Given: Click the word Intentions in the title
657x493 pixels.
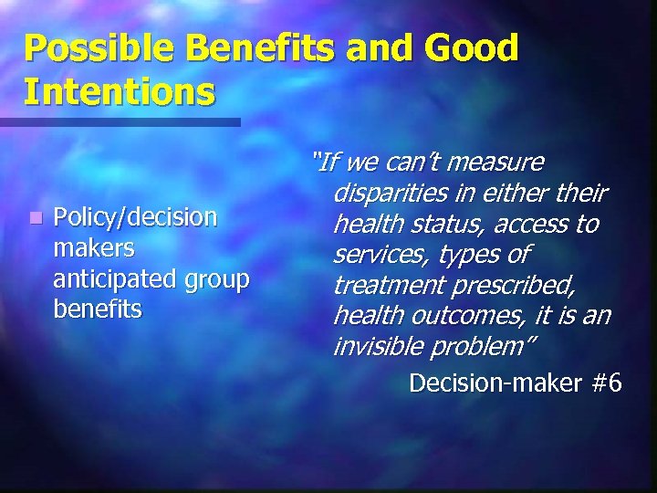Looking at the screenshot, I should (120, 91).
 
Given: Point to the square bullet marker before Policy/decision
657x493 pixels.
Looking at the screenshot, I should (35, 218).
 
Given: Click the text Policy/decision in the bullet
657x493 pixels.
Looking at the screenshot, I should (135, 217).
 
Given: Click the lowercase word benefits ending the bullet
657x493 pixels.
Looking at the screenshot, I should (98, 309).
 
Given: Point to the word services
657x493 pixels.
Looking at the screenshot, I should (373, 255).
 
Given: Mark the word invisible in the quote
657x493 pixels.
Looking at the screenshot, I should (383, 347).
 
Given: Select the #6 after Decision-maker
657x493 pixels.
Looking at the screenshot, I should (606, 382).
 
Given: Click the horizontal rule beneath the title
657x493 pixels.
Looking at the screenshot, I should (120, 121).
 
